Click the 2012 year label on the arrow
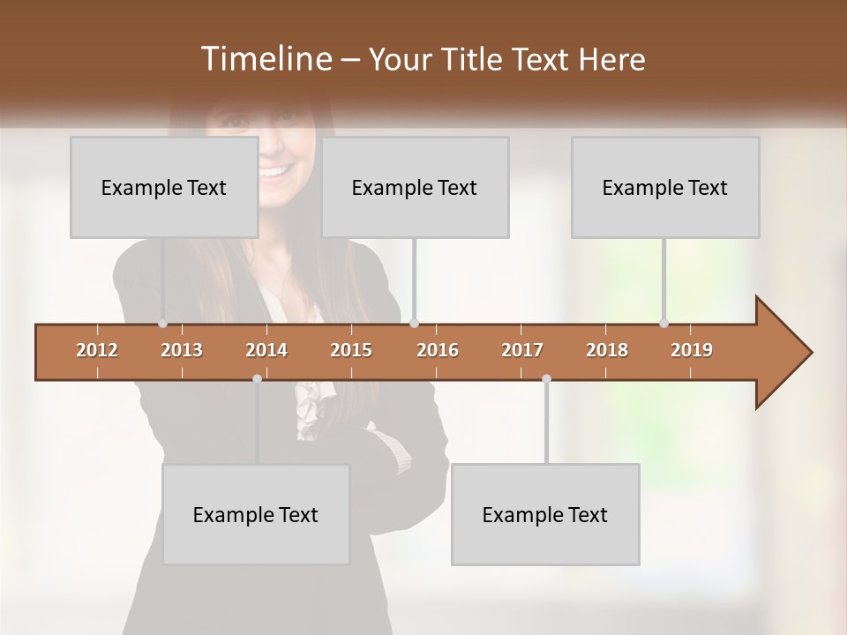tap(97, 350)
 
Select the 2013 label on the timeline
tap(182, 350)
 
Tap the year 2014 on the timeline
tap(266, 350)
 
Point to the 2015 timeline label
tap(351, 350)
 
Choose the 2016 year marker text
tap(438, 350)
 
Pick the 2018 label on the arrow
tap(607, 350)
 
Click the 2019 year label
tap(692, 350)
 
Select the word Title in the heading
tap(471, 59)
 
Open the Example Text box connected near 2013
tap(164, 187)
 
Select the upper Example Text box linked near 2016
tap(415, 187)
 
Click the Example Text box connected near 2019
tap(665, 187)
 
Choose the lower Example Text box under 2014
tap(256, 514)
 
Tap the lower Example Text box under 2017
tap(545, 514)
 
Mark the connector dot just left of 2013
tap(162, 324)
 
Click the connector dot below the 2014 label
tap(257, 378)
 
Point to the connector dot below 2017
tap(546, 378)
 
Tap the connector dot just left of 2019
tap(663, 324)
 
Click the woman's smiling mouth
tap(276, 170)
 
